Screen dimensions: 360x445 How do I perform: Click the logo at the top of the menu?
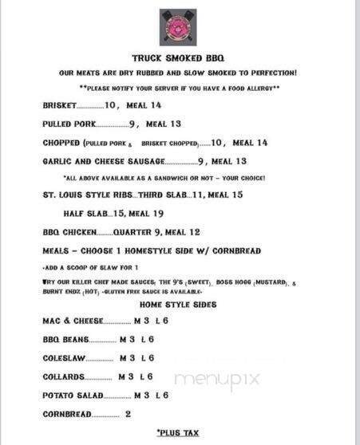[178, 27]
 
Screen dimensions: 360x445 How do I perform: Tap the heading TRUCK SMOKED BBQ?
[178, 57]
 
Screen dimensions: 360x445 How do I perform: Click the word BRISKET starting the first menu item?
[61, 105]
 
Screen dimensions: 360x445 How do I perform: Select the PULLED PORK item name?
[69, 124]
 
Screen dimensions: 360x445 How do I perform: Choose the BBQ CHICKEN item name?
[69, 232]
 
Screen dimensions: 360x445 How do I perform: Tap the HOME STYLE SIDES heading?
[178, 305]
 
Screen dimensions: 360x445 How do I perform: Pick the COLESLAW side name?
[65, 358]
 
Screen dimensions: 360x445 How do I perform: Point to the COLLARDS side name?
[63, 376]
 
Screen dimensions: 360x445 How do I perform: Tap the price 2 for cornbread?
[128, 414]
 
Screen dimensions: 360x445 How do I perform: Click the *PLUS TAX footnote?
[178, 432]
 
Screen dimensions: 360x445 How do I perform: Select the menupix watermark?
[217, 379]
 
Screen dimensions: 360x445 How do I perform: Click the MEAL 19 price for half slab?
[146, 213]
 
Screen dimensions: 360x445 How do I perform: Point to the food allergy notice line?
[178, 86]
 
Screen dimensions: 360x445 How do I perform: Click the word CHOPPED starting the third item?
[61, 143]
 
